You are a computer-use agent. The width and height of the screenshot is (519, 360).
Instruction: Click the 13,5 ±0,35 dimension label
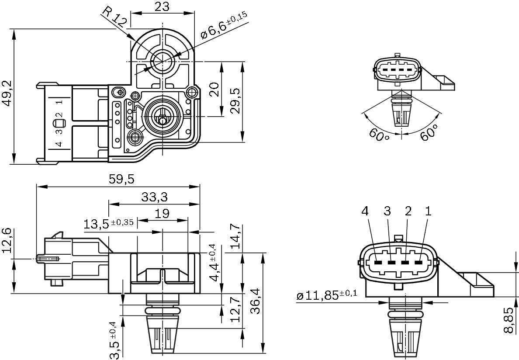109,224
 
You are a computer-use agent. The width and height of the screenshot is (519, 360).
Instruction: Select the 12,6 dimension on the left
7,240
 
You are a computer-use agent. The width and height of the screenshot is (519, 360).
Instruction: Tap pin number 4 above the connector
365,211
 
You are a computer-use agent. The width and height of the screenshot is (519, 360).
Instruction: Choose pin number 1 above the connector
428,211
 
